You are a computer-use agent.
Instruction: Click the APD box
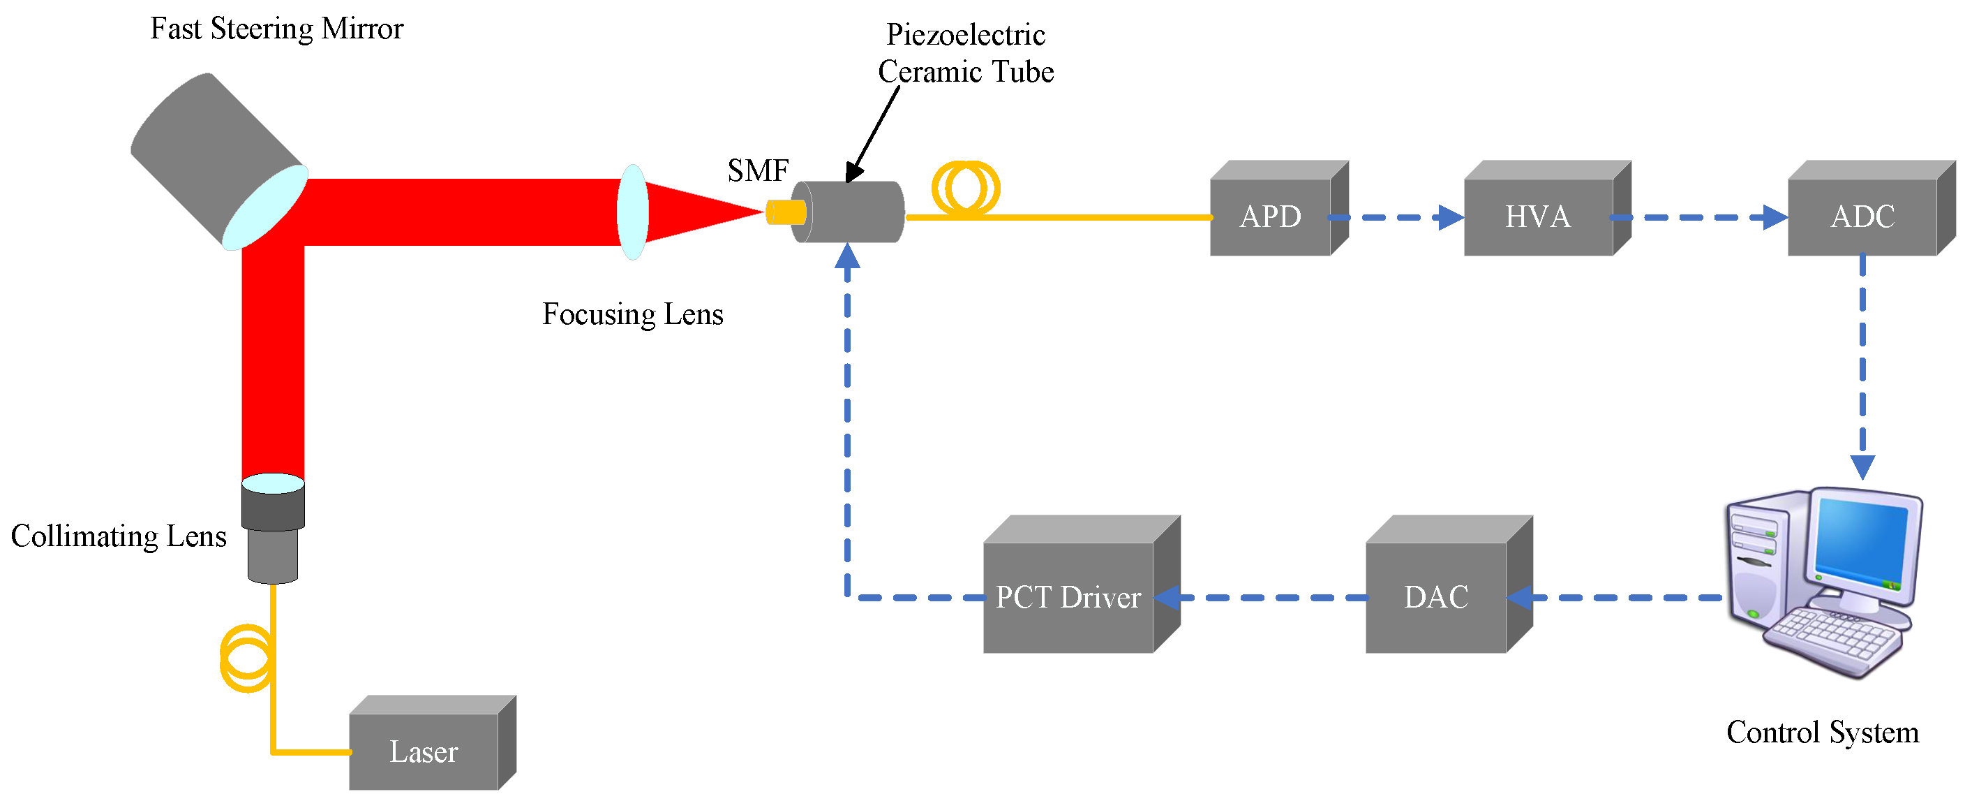tap(1271, 216)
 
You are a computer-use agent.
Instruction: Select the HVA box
tap(1539, 216)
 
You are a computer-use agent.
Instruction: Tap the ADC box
tap(1862, 216)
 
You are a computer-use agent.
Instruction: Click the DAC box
tap(1436, 597)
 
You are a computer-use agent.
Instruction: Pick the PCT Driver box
tap(1068, 597)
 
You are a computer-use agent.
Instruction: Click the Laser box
tap(424, 751)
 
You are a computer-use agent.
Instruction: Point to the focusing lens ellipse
tap(633, 212)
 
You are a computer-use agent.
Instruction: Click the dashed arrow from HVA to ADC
tap(1699, 217)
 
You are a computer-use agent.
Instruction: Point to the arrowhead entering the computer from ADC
tap(1862, 466)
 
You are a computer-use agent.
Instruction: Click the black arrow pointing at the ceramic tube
tap(873, 135)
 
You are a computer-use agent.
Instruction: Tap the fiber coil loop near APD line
tap(965, 187)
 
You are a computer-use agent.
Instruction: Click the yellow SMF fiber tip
tap(786, 212)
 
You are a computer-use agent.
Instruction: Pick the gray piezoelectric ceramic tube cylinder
tap(850, 212)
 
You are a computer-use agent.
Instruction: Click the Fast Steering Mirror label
tap(276, 29)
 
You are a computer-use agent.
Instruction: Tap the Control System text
tap(1822, 732)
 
